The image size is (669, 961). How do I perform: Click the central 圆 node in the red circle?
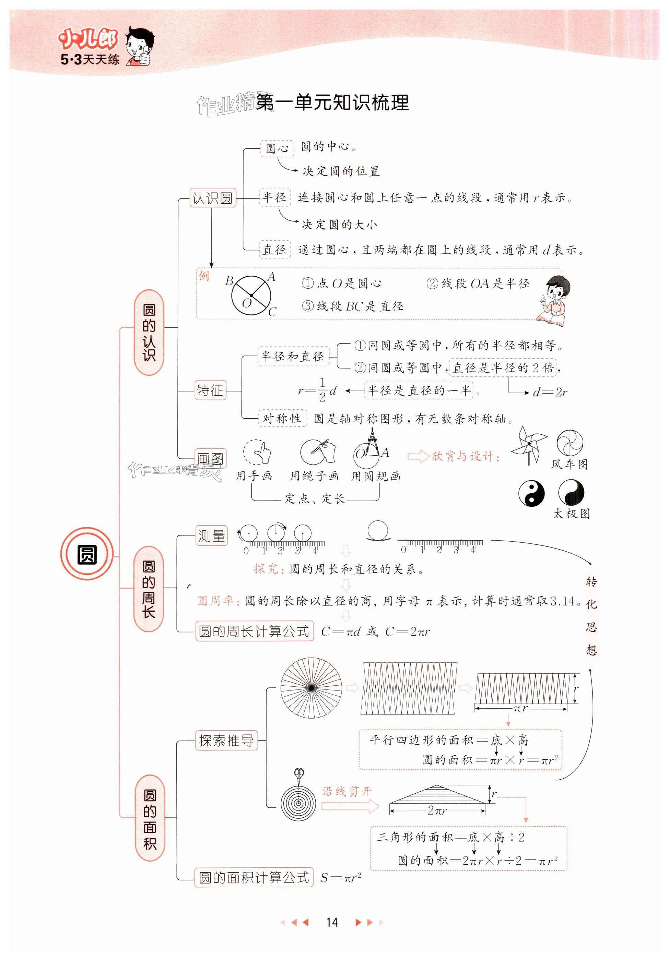click(x=87, y=555)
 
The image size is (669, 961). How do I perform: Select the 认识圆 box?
click(x=212, y=198)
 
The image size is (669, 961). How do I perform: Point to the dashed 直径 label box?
click(x=274, y=250)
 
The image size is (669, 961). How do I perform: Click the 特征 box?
click(x=210, y=391)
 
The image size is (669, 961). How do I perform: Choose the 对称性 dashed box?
click(x=282, y=419)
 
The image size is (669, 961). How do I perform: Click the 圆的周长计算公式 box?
click(x=254, y=631)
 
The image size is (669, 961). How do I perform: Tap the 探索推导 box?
click(x=226, y=741)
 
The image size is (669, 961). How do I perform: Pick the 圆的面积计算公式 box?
click(x=254, y=878)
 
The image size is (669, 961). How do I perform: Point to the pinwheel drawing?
click(x=529, y=445)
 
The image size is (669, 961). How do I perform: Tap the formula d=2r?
click(x=550, y=393)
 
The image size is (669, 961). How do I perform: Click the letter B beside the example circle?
click(x=229, y=280)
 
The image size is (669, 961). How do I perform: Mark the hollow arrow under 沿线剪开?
click(x=350, y=806)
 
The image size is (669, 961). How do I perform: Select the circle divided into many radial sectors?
click(x=311, y=688)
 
